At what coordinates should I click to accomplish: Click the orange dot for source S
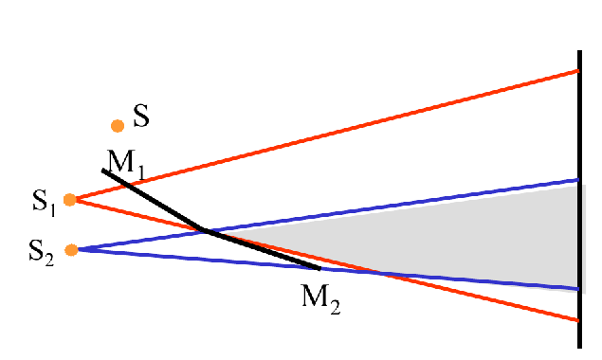coord(118,125)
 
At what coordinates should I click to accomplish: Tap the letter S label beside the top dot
coord(141,117)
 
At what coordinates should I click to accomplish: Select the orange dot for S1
coord(69,200)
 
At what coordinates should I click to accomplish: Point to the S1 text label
coord(44,201)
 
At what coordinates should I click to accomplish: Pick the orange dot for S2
coord(71,250)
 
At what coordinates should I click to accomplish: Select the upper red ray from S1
coord(332,134)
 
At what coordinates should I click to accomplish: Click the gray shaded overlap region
coord(493,237)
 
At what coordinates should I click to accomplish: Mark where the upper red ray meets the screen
coord(579,71)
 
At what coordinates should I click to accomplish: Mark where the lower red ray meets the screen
coord(579,320)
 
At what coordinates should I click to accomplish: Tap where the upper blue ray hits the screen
coord(579,179)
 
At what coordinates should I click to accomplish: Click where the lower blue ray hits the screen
coord(579,289)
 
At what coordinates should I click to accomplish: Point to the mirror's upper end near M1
coord(103,171)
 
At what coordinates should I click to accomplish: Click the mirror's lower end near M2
coord(319,268)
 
